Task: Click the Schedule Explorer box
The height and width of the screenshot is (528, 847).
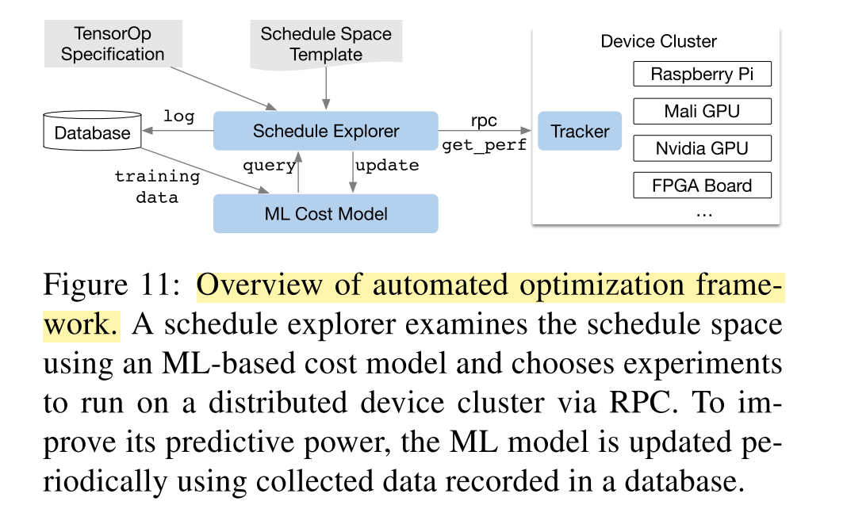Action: tap(326, 131)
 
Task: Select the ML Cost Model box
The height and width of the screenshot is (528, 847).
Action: tap(326, 214)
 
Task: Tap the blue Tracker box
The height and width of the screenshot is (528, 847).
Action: tap(580, 131)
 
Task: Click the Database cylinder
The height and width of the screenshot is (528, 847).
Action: tap(92, 131)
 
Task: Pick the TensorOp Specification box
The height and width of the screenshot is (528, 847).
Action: tap(113, 44)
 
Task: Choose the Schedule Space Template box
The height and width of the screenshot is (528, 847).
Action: tap(326, 44)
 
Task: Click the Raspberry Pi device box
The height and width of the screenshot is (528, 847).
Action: tap(702, 74)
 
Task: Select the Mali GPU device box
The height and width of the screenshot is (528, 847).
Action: tap(702, 111)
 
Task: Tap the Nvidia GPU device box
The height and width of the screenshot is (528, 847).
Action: tap(702, 148)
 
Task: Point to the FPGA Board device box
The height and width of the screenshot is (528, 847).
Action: tap(702, 186)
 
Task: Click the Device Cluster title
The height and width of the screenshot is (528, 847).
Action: tap(658, 41)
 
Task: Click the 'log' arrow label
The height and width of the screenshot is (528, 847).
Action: tap(178, 116)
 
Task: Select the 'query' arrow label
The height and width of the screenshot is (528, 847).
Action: tap(269, 165)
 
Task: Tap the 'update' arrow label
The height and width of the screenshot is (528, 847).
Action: tap(387, 165)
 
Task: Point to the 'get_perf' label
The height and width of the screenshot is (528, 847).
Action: tap(484, 145)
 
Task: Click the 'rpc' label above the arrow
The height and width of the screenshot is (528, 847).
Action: tap(484, 121)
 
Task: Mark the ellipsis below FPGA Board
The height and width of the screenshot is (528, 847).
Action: tap(704, 215)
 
